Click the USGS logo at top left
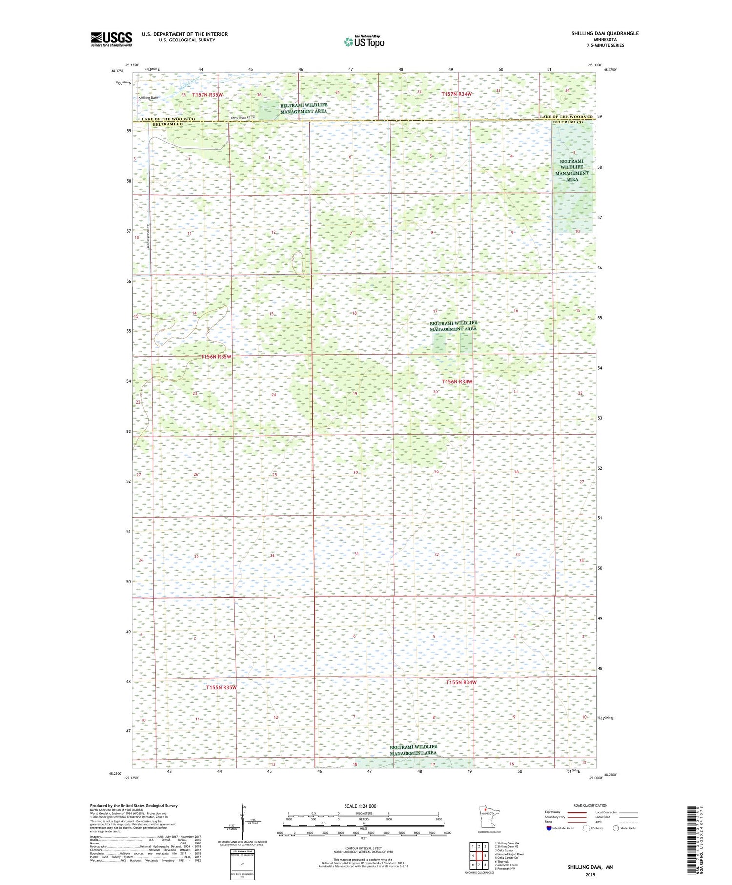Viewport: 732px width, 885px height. [x=111, y=39]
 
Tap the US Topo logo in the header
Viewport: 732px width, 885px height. [x=364, y=42]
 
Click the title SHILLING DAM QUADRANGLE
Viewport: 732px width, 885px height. [x=605, y=33]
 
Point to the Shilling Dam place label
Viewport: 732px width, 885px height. [x=148, y=98]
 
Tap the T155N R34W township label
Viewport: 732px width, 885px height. [x=461, y=682]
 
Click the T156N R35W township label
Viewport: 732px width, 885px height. [x=216, y=357]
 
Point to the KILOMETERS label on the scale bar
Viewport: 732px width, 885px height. [x=364, y=813]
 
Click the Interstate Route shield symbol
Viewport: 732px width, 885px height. [x=549, y=828]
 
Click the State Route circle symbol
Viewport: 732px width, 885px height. [x=616, y=828]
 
